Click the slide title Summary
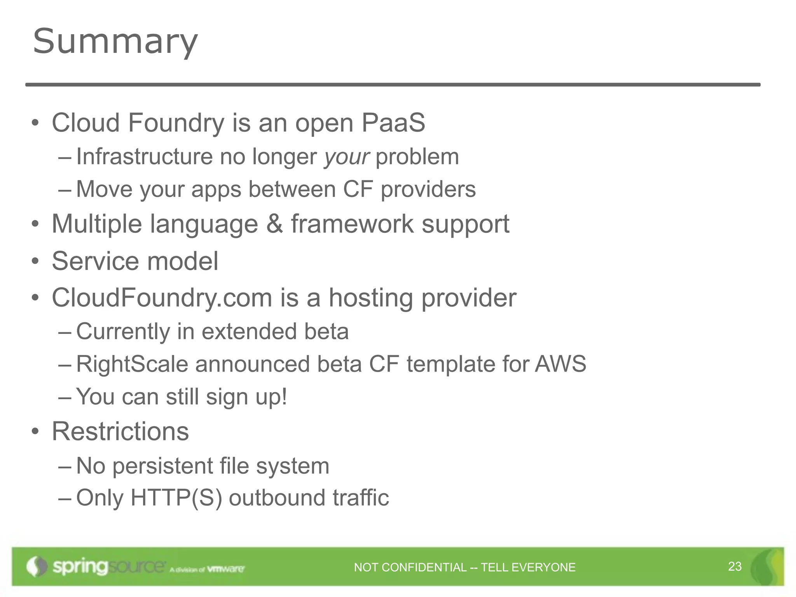tap(115, 41)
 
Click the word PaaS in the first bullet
tap(393, 123)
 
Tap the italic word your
tap(347, 157)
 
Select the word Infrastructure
tap(144, 157)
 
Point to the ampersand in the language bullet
tap(274, 224)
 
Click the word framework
tap(353, 224)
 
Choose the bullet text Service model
tap(135, 261)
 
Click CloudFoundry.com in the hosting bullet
tap(162, 298)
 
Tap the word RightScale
tap(132, 364)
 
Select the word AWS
tap(560, 364)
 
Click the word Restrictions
tap(120, 431)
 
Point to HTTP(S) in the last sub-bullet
tap(176, 497)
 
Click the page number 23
tap(735, 566)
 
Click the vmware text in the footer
tap(226, 569)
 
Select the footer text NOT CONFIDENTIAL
tap(410, 567)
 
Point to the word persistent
tap(162, 466)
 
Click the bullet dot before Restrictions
tap(35, 431)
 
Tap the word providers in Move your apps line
tap(428, 189)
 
